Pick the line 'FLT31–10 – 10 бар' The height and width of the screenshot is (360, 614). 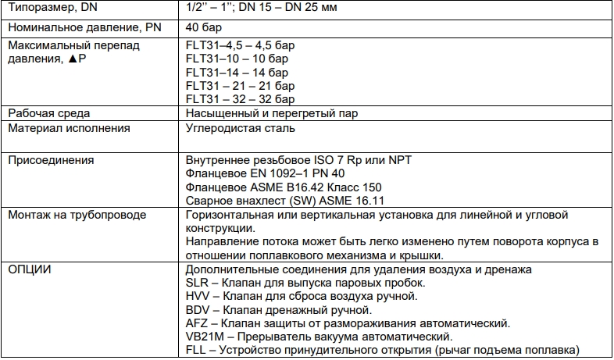(x=231, y=59)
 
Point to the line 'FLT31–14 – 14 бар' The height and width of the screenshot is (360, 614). (x=231, y=72)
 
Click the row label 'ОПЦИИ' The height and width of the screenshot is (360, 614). (x=30, y=269)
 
